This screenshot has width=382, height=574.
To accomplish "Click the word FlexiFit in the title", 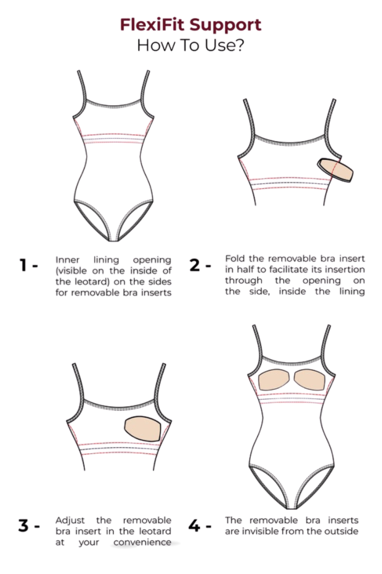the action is click(x=152, y=25).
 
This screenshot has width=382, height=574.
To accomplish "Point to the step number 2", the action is click(x=194, y=265).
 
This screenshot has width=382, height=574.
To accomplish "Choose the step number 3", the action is click(x=23, y=525).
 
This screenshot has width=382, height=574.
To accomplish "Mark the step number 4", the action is click(x=194, y=525).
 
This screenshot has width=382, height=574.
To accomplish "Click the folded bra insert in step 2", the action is click(x=335, y=170).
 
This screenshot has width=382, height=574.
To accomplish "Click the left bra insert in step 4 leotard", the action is click(x=274, y=380).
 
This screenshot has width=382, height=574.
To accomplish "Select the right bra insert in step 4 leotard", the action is click(x=309, y=380).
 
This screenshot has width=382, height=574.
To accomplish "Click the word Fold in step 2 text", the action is click(x=235, y=259).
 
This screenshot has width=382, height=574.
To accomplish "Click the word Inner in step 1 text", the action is click(x=68, y=260).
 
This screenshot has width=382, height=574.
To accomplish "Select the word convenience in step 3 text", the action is click(x=142, y=542).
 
